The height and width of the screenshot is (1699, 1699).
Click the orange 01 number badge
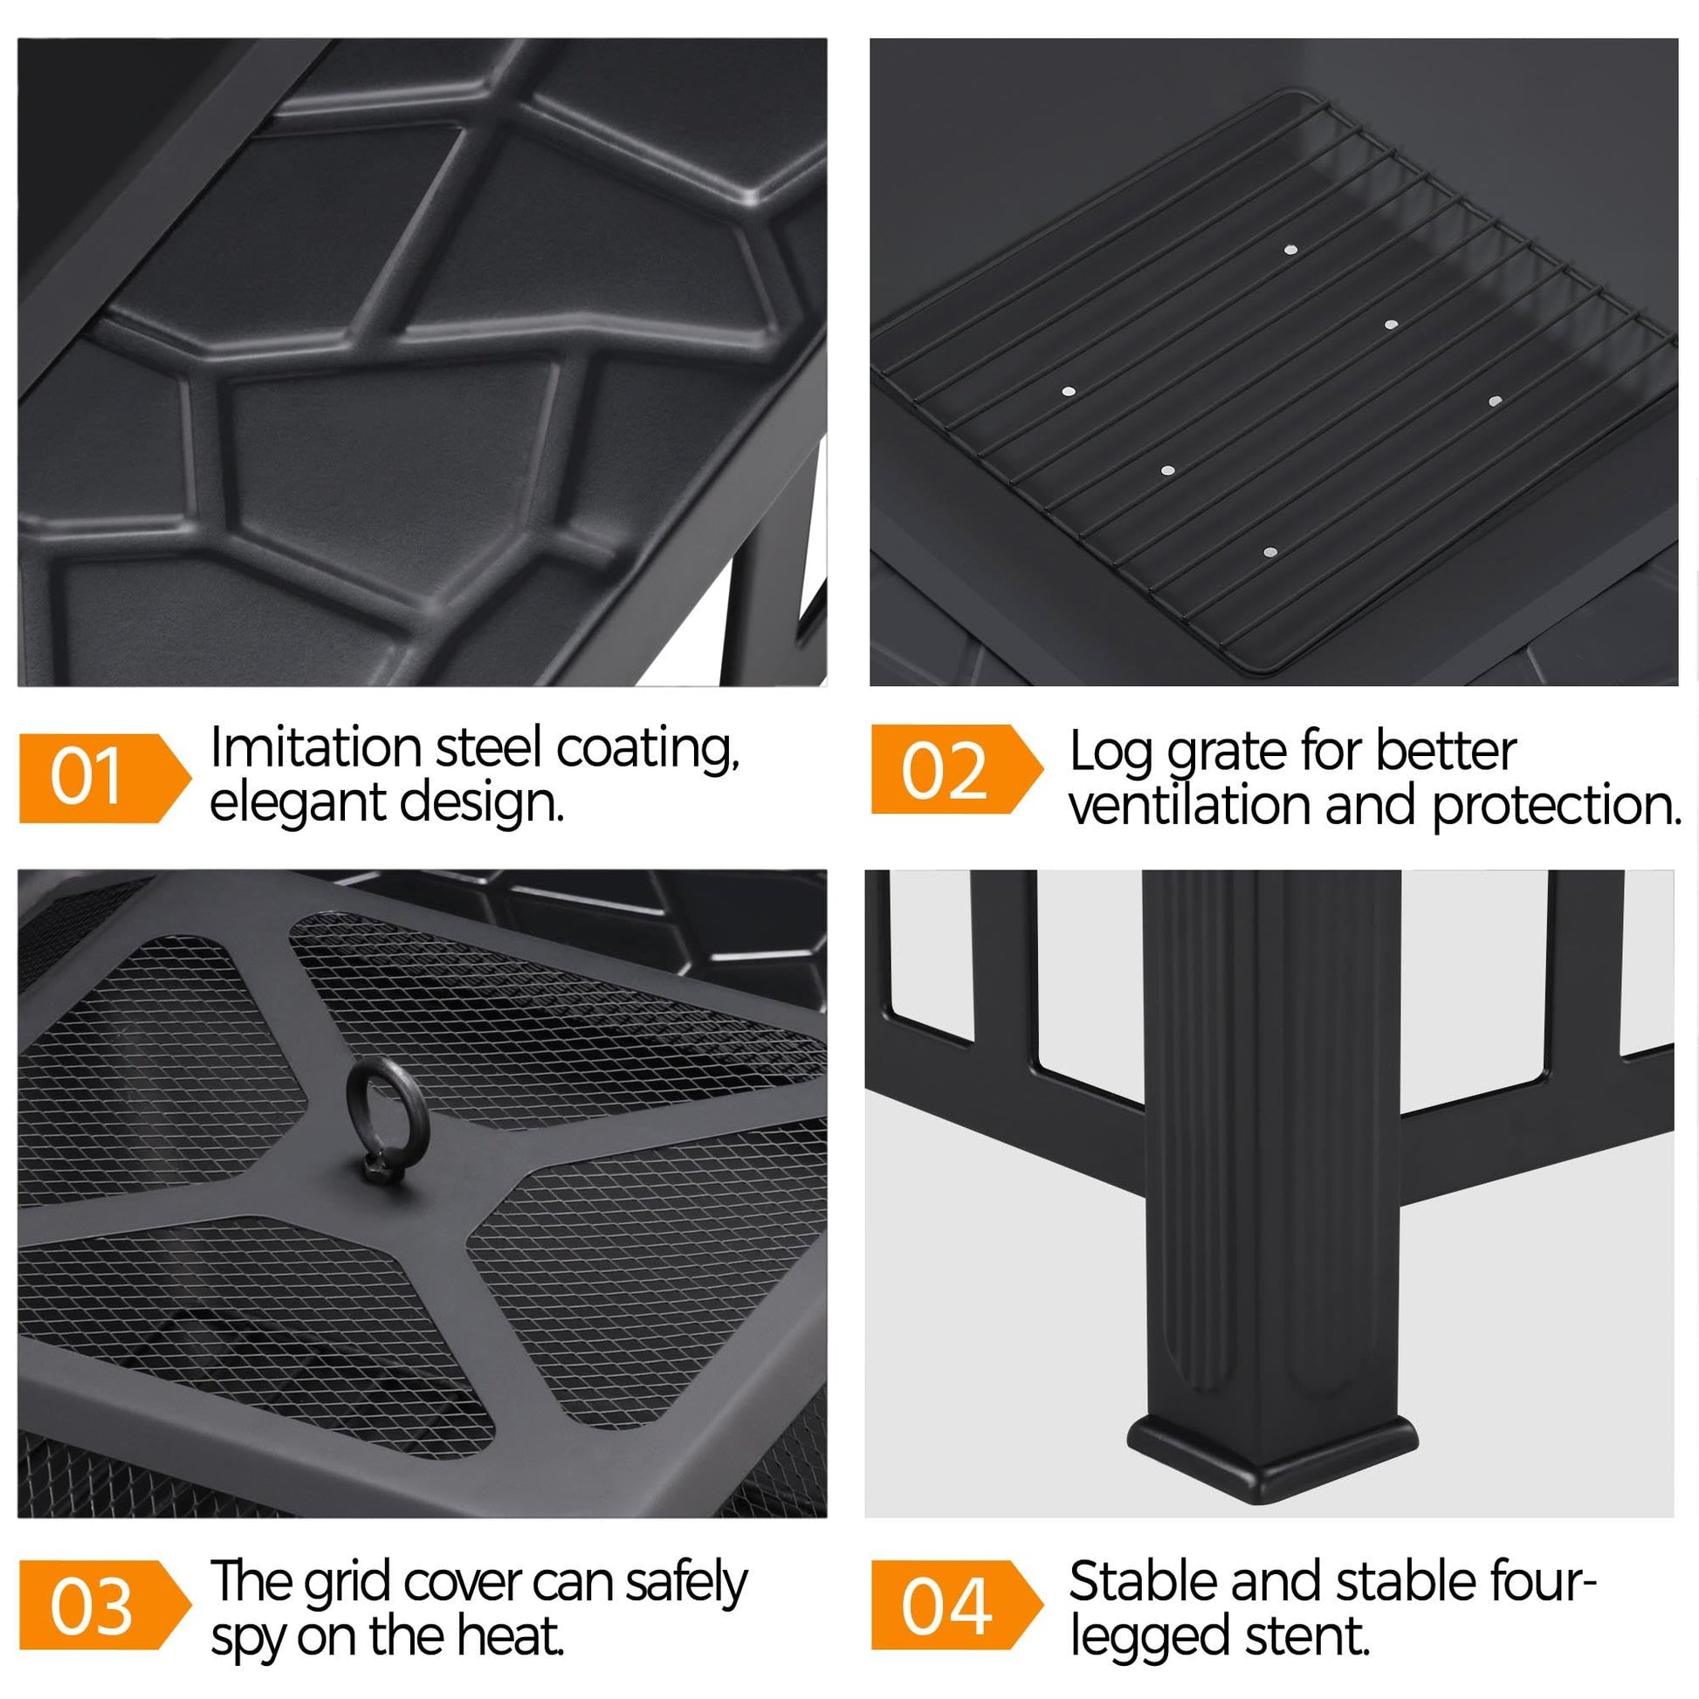tap(105, 778)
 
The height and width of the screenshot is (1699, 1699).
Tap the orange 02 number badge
tap(957, 769)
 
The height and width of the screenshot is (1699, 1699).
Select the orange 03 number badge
tap(105, 1606)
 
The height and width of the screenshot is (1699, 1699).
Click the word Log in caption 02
tap(1110, 754)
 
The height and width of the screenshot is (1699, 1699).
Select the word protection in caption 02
tap(1557, 808)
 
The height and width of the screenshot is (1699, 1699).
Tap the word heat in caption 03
tap(517, 1634)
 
